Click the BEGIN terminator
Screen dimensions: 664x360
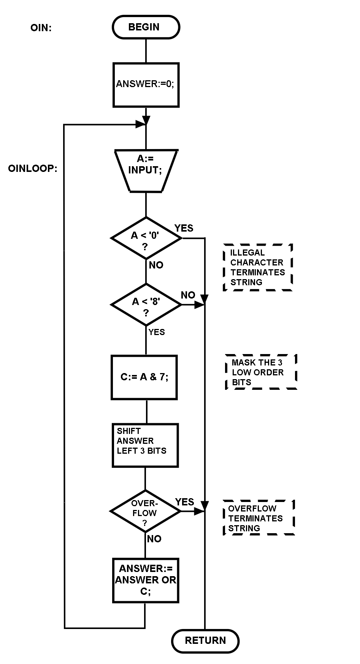click(x=146, y=27)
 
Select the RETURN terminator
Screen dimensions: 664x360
click(x=205, y=640)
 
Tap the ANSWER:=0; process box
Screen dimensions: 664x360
click(x=146, y=84)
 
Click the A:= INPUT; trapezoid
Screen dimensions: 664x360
click(x=146, y=171)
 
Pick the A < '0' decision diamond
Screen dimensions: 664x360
click(x=146, y=238)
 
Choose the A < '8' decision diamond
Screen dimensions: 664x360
click(x=146, y=305)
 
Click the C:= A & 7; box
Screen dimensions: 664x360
click(x=144, y=377)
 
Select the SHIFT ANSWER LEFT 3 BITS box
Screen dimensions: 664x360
click(x=145, y=445)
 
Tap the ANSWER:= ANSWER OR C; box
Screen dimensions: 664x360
click(x=146, y=580)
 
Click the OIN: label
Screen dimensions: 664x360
click(x=41, y=28)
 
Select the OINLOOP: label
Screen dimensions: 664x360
click(x=33, y=168)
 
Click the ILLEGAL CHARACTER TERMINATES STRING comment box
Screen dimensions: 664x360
click(x=257, y=267)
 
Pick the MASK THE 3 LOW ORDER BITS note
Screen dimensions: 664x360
click(x=261, y=372)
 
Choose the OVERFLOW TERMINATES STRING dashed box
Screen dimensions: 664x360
click(x=259, y=518)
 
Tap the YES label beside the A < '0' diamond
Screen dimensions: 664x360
click(x=184, y=228)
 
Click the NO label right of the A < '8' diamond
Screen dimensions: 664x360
click(x=188, y=295)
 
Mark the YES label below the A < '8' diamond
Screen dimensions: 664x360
click(x=157, y=332)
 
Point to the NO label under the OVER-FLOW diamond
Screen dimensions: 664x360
click(x=154, y=539)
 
